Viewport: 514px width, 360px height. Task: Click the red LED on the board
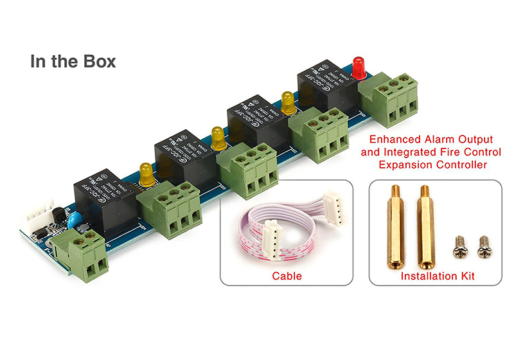click(x=358, y=67)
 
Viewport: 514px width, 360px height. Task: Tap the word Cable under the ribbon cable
click(x=287, y=276)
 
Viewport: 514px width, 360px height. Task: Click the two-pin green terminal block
click(x=80, y=254)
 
